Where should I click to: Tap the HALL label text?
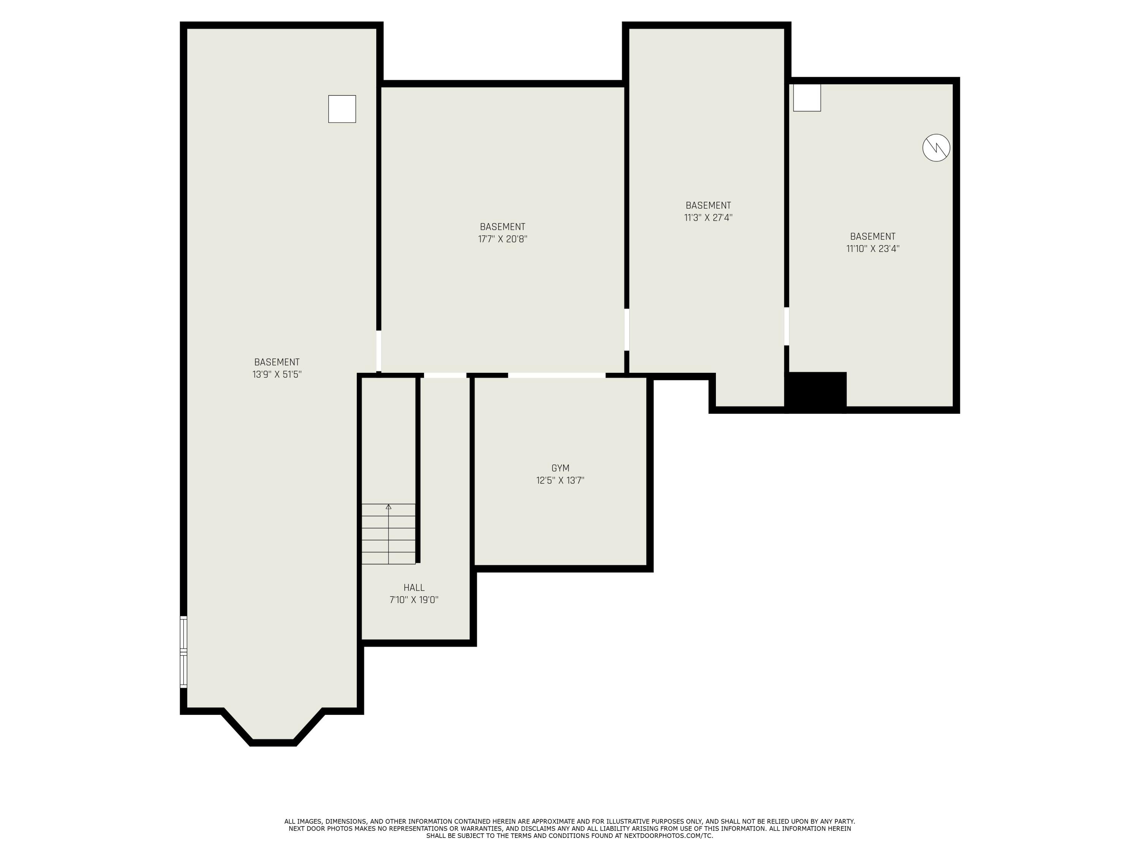coord(414,588)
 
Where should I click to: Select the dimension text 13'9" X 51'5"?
coord(277,375)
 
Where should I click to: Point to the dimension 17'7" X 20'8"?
coord(502,239)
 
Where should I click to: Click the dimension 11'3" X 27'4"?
coord(708,217)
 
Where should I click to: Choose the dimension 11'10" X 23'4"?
coord(872,249)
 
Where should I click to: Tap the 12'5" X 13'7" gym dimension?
coord(560,481)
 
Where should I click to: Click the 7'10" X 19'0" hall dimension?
coord(414,600)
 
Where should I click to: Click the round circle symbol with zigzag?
coord(936,148)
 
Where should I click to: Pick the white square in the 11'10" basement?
coord(807,97)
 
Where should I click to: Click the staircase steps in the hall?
coord(388,534)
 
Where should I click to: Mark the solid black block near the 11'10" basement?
coord(816,392)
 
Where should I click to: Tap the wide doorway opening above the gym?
coord(557,375)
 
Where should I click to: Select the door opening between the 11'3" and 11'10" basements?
coord(787,326)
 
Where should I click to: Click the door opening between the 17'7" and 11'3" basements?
coord(627,329)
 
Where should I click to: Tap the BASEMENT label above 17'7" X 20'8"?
coord(502,227)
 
